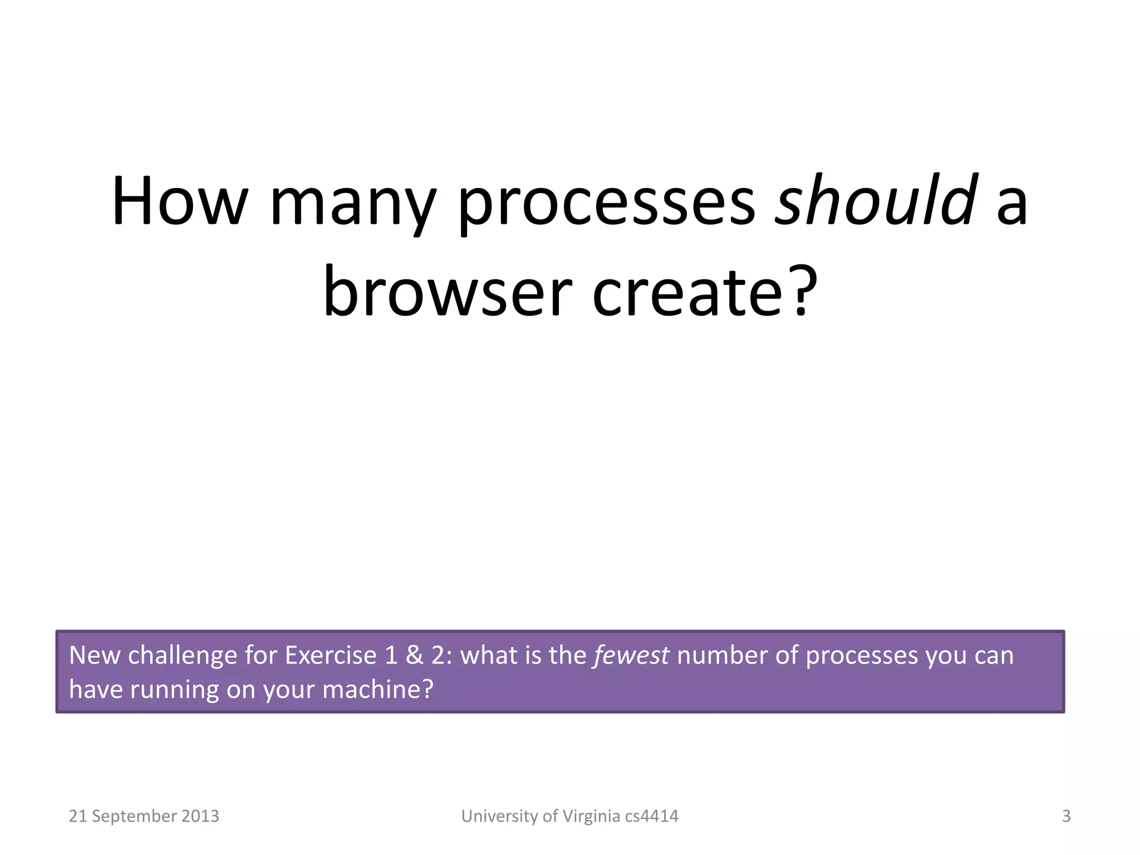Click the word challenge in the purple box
point(183,656)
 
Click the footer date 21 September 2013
point(144,816)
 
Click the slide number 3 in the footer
point(1066,816)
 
